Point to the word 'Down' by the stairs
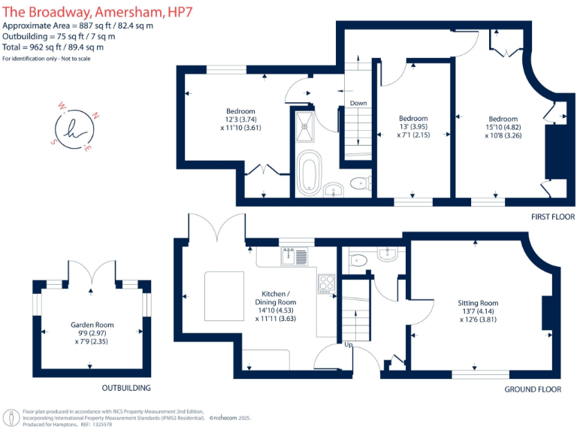[358, 103]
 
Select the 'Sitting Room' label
[478, 303]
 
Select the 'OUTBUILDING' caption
[126, 388]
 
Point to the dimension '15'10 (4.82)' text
[503, 127]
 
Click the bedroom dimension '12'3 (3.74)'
[240, 120]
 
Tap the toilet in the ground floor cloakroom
[358, 260]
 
